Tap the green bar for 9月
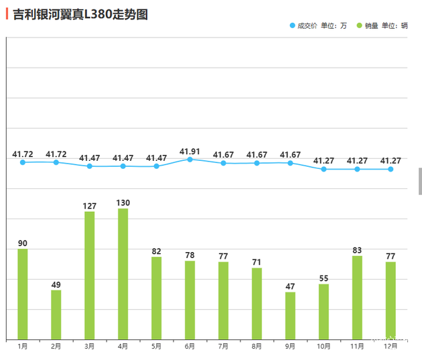pyautogui.click(x=290, y=316)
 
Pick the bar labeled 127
pyautogui.click(x=90, y=276)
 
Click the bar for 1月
pyautogui.click(x=23, y=294)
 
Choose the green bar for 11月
pyautogui.click(x=357, y=298)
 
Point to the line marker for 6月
pyautogui.click(x=190, y=160)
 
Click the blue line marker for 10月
pyautogui.click(x=324, y=169)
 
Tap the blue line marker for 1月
pyautogui.click(x=23, y=162)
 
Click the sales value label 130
pyautogui.click(x=123, y=202)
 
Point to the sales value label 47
pyautogui.click(x=290, y=286)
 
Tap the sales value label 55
pyautogui.click(x=324, y=278)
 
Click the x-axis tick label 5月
pyautogui.click(x=156, y=347)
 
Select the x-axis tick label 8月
pyautogui.click(x=257, y=347)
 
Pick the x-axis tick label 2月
pyautogui.click(x=56, y=347)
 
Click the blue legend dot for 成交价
pyautogui.click(x=292, y=25)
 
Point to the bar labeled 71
pyautogui.click(x=257, y=304)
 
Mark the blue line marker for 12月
pyautogui.click(x=391, y=169)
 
